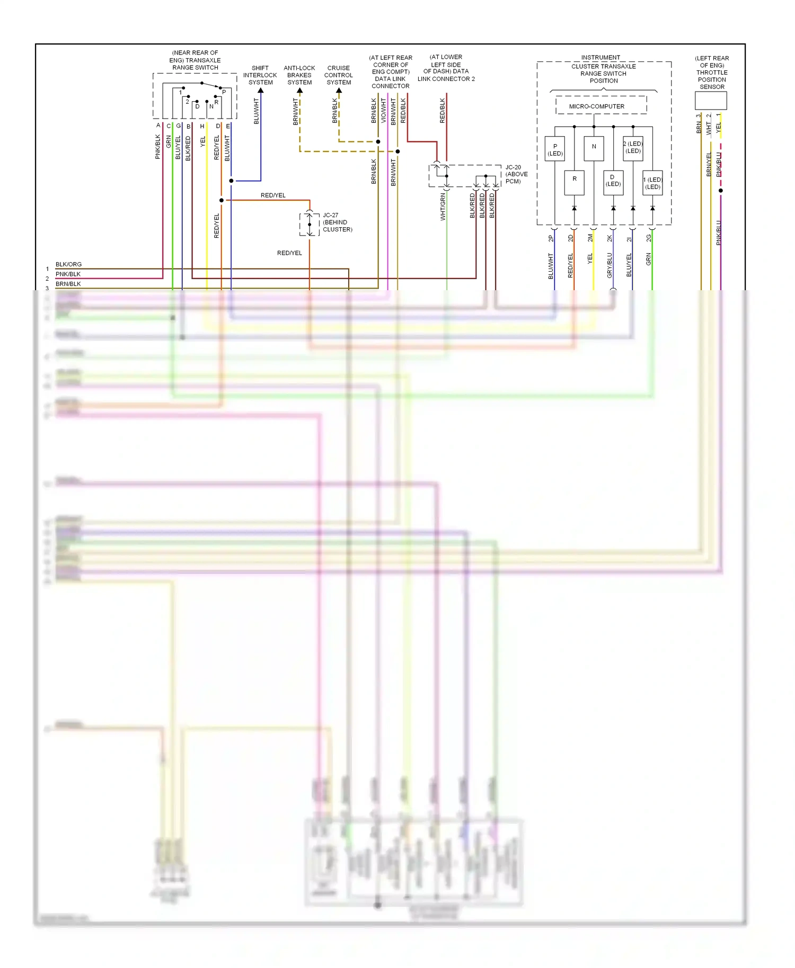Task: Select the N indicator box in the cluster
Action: point(594,148)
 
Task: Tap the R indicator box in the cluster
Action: point(574,182)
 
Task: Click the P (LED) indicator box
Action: point(555,149)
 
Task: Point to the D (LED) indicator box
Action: point(613,182)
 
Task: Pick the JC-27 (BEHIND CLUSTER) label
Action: point(337,222)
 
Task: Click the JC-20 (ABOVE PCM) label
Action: point(516,174)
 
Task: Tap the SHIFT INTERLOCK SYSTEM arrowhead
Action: point(261,91)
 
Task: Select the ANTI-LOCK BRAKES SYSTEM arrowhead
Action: point(299,91)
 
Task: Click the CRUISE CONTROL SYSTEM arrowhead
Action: point(339,91)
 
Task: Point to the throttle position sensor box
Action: point(711,101)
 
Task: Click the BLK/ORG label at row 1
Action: point(68,264)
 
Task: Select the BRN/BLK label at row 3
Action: point(68,284)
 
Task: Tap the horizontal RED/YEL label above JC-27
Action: point(273,195)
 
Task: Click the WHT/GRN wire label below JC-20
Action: point(443,207)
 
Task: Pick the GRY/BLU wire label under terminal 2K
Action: point(609,265)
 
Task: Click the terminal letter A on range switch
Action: point(158,126)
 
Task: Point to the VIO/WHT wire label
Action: point(384,110)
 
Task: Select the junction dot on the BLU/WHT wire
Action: point(231,181)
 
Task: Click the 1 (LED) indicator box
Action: point(652,183)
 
